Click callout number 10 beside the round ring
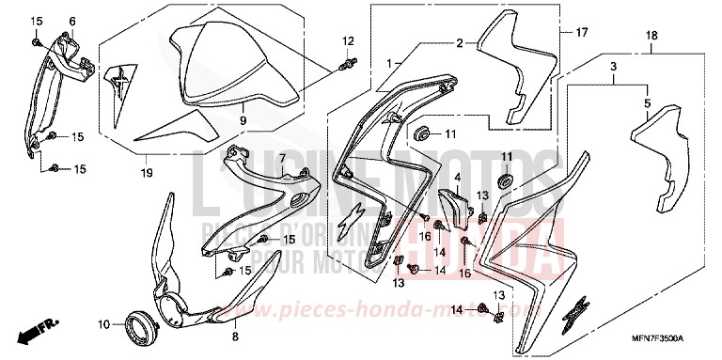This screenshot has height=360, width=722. [104, 324]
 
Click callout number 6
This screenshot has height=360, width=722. [71, 21]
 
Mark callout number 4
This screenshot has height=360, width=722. [458, 176]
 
